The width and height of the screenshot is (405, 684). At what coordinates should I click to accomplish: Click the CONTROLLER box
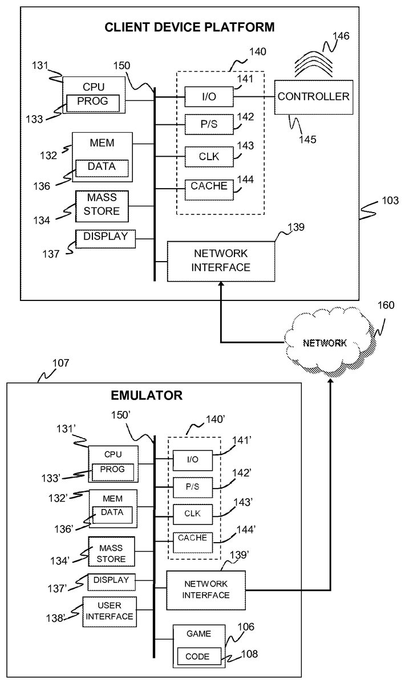[x=313, y=97]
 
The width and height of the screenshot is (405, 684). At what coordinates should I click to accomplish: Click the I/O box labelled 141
[x=209, y=97]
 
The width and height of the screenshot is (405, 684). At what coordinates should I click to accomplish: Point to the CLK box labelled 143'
[x=193, y=513]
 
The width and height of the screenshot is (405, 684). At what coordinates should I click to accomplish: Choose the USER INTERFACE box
[x=109, y=611]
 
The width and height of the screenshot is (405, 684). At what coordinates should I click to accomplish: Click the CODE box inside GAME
[x=197, y=657]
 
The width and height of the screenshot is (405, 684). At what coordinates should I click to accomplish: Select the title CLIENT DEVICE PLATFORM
[x=189, y=27]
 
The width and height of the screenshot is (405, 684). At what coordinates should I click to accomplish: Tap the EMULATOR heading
[x=154, y=394]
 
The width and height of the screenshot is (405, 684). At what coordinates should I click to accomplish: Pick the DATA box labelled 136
[x=102, y=168]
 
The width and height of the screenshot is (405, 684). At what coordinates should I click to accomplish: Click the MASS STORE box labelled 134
[x=102, y=205]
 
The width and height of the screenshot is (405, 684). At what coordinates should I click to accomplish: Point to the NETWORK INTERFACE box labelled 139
[x=221, y=260]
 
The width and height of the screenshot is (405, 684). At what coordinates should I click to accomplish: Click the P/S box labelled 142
[x=209, y=125]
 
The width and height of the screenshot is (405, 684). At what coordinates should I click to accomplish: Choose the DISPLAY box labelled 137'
[x=111, y=581]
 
